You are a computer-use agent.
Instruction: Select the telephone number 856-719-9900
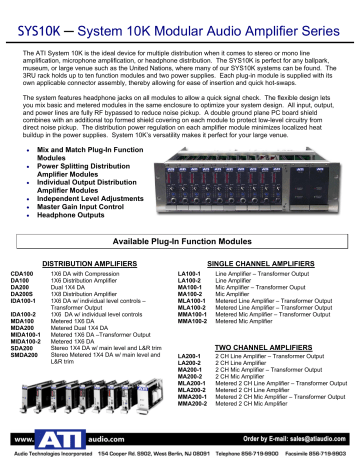[x=250, y=455]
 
